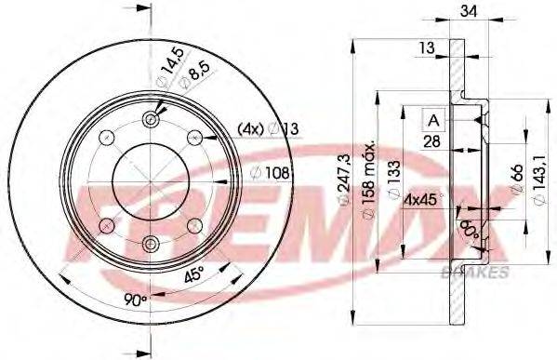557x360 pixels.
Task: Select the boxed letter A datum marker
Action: (434, 118)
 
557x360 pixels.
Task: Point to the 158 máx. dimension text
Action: (369, 177)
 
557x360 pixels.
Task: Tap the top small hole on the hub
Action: (152, 119)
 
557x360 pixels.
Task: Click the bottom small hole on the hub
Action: (152, 244)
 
